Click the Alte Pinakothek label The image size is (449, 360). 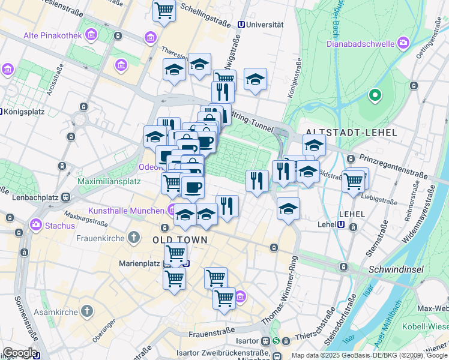pos(52,36)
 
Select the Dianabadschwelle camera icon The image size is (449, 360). pos(402,43)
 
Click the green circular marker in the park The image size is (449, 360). pos(375,95)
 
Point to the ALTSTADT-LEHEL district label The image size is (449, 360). pos(351,133)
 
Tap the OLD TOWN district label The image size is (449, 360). pos(180,239)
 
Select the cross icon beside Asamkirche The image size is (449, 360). pos(87,311)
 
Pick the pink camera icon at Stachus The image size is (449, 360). pos(35,225)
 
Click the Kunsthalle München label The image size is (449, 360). pos(126,211)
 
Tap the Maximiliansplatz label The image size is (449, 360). pos(109,181)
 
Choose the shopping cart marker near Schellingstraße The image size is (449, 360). pos(164,10)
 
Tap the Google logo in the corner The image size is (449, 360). pos(20,353)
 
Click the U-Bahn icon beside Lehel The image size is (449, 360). pos(341,225)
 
